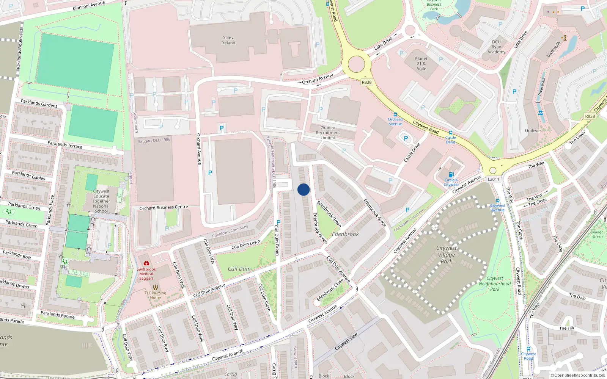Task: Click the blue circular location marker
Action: [303, 189]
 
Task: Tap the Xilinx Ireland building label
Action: [228, 41]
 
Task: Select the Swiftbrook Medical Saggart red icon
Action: [146, 263]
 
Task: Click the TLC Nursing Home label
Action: [155, 295]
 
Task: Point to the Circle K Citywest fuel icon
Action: [451, 175]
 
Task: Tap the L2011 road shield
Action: [493, 179]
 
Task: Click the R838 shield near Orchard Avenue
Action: [366, 82]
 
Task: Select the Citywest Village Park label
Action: [447, 255]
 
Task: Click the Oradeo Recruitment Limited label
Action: [328, 133]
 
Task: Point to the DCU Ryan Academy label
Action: [496, 47]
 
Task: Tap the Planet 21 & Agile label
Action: [421, 64]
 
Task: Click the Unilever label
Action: [533, 131]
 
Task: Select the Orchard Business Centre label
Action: [164, 207]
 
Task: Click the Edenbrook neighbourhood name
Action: [345, 234]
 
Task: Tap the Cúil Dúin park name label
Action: [239, 269]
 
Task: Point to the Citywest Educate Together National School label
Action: [101, 201]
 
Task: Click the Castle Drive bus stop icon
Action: [450, 133]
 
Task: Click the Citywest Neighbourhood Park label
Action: [495, 283]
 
